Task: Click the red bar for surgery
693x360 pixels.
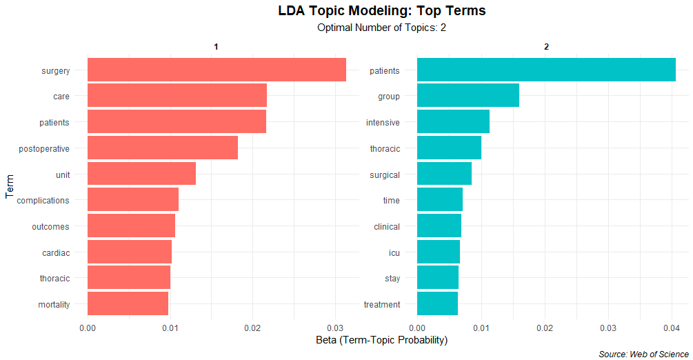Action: click(x=217, y=70)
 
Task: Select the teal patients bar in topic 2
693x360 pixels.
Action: click(x=546, y=70)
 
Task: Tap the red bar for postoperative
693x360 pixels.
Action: click(x=163, y=148)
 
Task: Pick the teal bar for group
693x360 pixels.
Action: click(x=468, y=97)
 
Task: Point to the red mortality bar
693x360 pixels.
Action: click(x=128, y=304)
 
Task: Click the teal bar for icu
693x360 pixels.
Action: click(x=439, y=252)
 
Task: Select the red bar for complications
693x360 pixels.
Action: click(x=133, y=200)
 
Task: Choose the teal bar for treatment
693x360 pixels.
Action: click(x=437, y=304)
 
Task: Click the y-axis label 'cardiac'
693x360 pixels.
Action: click(x=56, y=252)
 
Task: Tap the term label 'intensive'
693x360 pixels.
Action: click(x=383, y=123)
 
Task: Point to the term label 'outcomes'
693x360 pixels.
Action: click(x=51, y=226)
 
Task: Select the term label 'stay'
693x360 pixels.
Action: click(x=392, y=279)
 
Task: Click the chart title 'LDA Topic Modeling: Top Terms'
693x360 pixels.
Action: click(x=381, y=11)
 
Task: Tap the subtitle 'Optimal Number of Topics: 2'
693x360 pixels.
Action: click(x=381, y=28)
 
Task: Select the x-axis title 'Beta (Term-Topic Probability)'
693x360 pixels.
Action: click(x=381, y=341)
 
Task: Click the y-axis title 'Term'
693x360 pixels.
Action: click(x=9, y=187)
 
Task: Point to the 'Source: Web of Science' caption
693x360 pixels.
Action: click(x=643, y=354)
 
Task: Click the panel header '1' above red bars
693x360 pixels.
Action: click(x=217, y=47)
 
